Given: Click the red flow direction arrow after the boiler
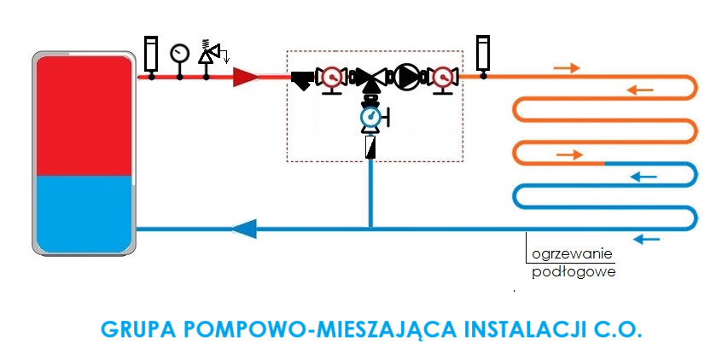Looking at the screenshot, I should pos(246,78).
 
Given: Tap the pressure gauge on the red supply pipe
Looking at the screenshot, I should pos(179,54).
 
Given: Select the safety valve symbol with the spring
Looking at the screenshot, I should pos(208,53).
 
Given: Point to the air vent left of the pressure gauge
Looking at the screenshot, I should pos(151,53).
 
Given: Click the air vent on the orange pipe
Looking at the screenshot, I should pos(483,53).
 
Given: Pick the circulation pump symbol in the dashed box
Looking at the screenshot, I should pos(407,78).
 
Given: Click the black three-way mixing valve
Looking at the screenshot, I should pos(370,79).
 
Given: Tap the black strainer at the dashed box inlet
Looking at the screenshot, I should pos(301,79).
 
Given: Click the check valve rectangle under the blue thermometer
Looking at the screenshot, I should pos(370,148).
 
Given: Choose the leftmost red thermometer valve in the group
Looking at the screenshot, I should pos(329,78).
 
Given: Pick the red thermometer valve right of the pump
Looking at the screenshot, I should pos(443,78).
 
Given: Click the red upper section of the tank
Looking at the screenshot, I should pos(83,115).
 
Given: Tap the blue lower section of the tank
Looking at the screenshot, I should pos(83,213).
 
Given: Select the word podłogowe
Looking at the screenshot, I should pos(573,273).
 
